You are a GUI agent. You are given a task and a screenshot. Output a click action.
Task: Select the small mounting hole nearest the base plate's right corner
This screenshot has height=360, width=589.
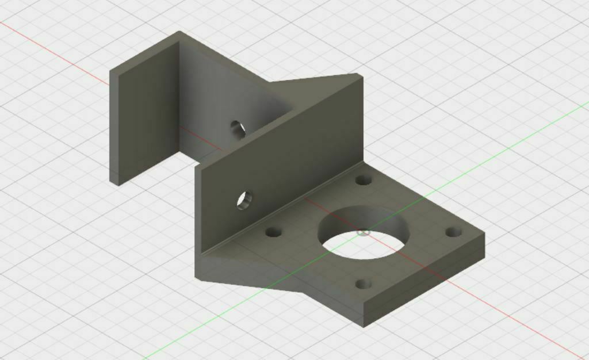coord(454,232)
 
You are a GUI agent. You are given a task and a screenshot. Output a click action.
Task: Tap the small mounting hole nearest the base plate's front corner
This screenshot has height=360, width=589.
coord(363,284)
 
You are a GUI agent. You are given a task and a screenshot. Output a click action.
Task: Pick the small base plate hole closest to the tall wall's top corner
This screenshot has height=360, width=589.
coord(363,180)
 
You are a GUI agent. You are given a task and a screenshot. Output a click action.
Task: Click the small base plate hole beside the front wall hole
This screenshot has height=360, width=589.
coord(273,233)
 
